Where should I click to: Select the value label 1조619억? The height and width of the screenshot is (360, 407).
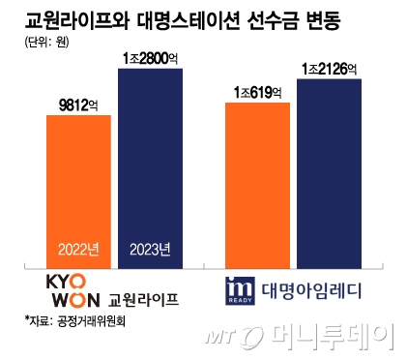(257, 91)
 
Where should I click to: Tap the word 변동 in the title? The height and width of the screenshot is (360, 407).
(328, 17)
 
